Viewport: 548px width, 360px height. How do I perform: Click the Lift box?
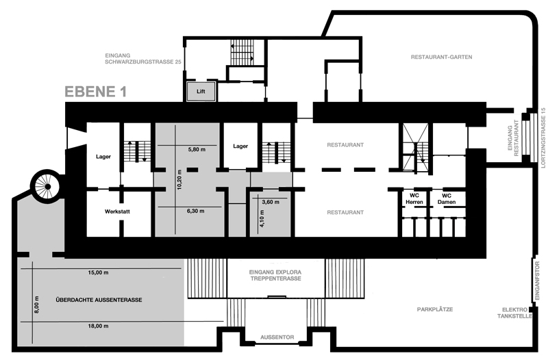coord(201,92)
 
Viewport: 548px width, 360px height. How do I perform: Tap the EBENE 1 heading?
coord(95,92)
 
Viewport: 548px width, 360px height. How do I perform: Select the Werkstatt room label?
coord(117,211)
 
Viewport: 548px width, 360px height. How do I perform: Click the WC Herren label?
coord(414,198)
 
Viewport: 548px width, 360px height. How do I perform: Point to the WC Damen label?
coord(447,198)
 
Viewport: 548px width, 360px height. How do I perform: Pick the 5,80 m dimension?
coord(197,149)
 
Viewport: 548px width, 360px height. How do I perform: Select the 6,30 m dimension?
coord(196,211)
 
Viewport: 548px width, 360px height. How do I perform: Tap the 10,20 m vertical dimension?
coord(179,179)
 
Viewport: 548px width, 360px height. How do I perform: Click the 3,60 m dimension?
coord(271,202)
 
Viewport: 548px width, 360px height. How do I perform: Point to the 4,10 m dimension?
coord(262,218)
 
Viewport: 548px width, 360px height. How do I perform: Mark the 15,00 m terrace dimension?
coord(98,272)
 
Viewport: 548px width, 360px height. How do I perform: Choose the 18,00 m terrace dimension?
coord(98,326)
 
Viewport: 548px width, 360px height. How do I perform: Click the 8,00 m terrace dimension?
coord(37,305)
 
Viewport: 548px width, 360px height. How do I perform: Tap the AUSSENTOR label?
coord(277,337)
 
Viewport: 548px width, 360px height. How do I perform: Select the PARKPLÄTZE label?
coord(435,309)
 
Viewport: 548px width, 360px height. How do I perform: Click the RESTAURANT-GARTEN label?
coord(441,57)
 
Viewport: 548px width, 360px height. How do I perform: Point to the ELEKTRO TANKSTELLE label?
coord(515,313)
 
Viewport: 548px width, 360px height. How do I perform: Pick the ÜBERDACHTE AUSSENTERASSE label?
coord(99,300)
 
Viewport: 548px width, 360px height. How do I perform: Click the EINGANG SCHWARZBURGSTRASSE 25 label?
coord(143,59)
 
